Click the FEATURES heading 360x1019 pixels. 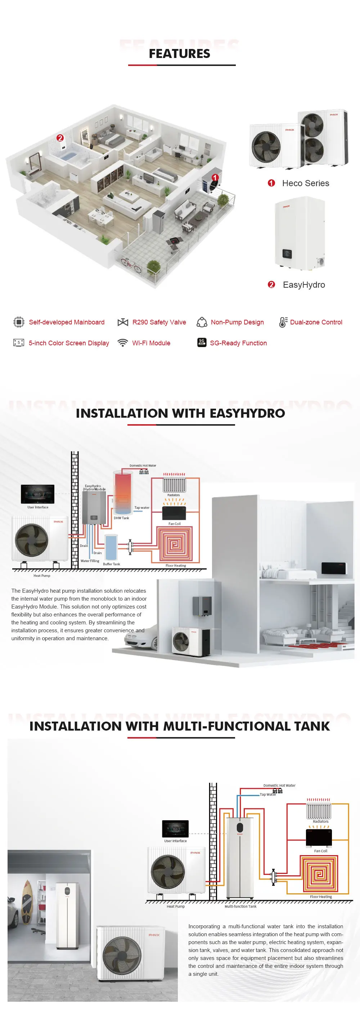[x=179, y=53]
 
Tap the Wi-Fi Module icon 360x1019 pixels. [x=123, y=342]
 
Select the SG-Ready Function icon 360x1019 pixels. [x=201, y=342]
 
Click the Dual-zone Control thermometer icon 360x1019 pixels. [x=283, y=322]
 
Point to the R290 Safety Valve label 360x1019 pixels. [x=159, y=322]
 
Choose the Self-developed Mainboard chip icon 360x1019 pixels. [x=19, y=322]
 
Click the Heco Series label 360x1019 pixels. [x=305, y=183]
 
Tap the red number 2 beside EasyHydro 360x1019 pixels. [x=271, y=284]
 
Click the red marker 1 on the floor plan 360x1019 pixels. [x=215, y=178]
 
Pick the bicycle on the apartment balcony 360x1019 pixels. [x=131, y=265]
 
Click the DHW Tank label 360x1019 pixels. [x=121, y=518]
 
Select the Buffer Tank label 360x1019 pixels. [x=111, y=564]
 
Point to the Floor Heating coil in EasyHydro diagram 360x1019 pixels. [x=175, y=544]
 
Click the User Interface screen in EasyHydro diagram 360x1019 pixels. [x=37, y=494]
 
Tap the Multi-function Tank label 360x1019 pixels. [x=240, y=906]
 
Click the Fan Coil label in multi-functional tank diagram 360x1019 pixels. [x=320, y=851]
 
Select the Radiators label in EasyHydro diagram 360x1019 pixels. [x=173, y=495]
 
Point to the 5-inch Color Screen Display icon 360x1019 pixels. [x=19, y=342]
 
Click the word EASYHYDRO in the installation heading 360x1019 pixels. [x=247, y=413]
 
